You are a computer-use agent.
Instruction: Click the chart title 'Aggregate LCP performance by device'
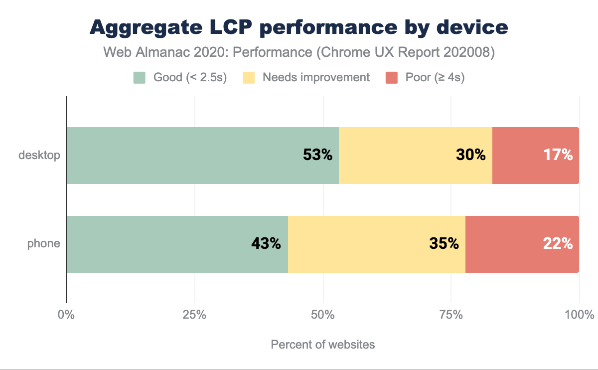coord(299,27)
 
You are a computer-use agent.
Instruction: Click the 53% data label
coord(317,155)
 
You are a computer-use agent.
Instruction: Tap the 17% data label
coord(558,155)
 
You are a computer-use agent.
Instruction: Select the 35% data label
coord(444,244)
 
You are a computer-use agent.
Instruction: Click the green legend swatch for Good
coord(140,78)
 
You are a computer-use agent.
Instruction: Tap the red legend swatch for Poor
coord(392,78)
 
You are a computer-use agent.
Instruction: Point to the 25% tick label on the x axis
coord(194,315)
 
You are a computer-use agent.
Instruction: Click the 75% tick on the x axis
coord(451,315)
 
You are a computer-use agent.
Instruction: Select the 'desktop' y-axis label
coord(39,155)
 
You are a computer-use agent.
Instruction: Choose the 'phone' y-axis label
coord(44,244)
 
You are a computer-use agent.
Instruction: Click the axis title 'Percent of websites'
coord(322,345)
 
